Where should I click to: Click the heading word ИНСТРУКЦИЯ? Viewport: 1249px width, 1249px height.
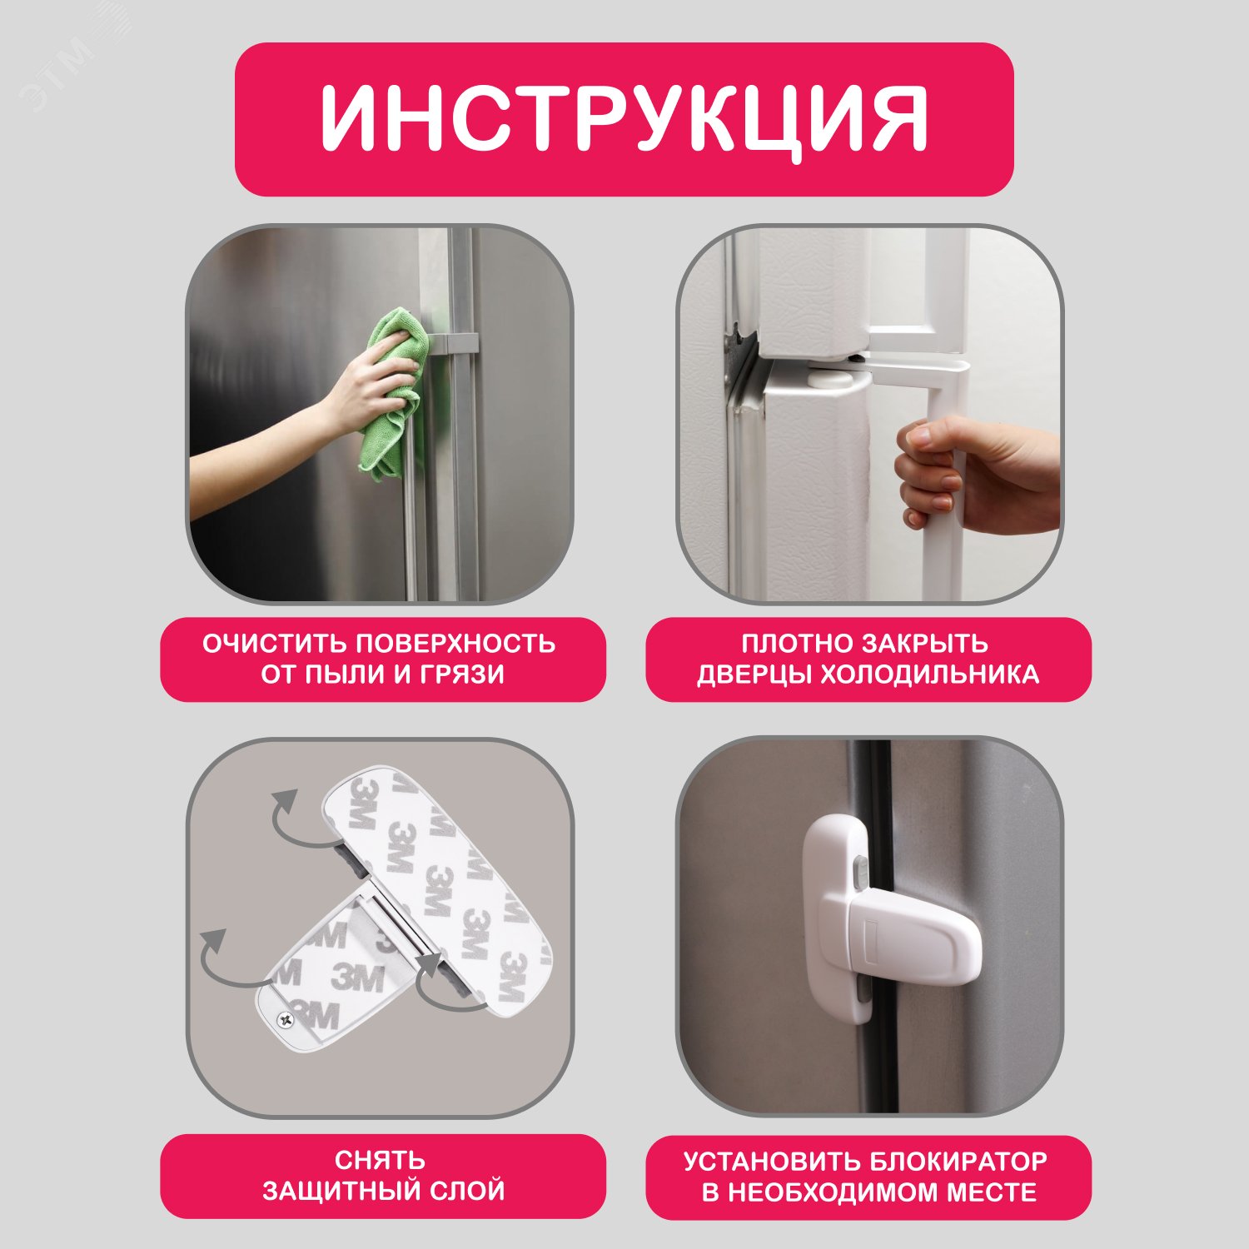point(624,118)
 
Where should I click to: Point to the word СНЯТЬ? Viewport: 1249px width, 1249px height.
point(381,1160)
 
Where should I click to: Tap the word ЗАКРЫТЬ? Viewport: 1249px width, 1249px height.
point(924,644)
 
